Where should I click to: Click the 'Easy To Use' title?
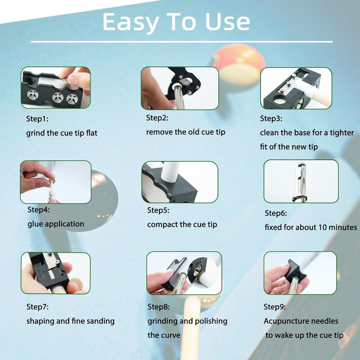(176, 22)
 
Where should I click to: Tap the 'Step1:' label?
(37, 119)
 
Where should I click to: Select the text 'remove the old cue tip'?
(186, 132)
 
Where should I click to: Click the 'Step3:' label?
(271, 118)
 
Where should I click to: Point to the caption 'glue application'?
(56, 224)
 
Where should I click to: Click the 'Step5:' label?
(158, 210)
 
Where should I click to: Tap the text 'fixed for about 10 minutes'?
(311, 227)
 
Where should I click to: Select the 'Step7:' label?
(37, 307)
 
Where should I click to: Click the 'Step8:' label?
(159, 307)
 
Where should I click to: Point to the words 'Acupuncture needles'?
(301, 321)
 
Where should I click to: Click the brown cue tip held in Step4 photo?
(52, 180)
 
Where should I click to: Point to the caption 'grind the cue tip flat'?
(62, 133)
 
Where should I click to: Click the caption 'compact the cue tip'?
(182, 225)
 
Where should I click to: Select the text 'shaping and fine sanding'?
(71, 321)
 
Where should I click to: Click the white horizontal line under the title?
(182, 42)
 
